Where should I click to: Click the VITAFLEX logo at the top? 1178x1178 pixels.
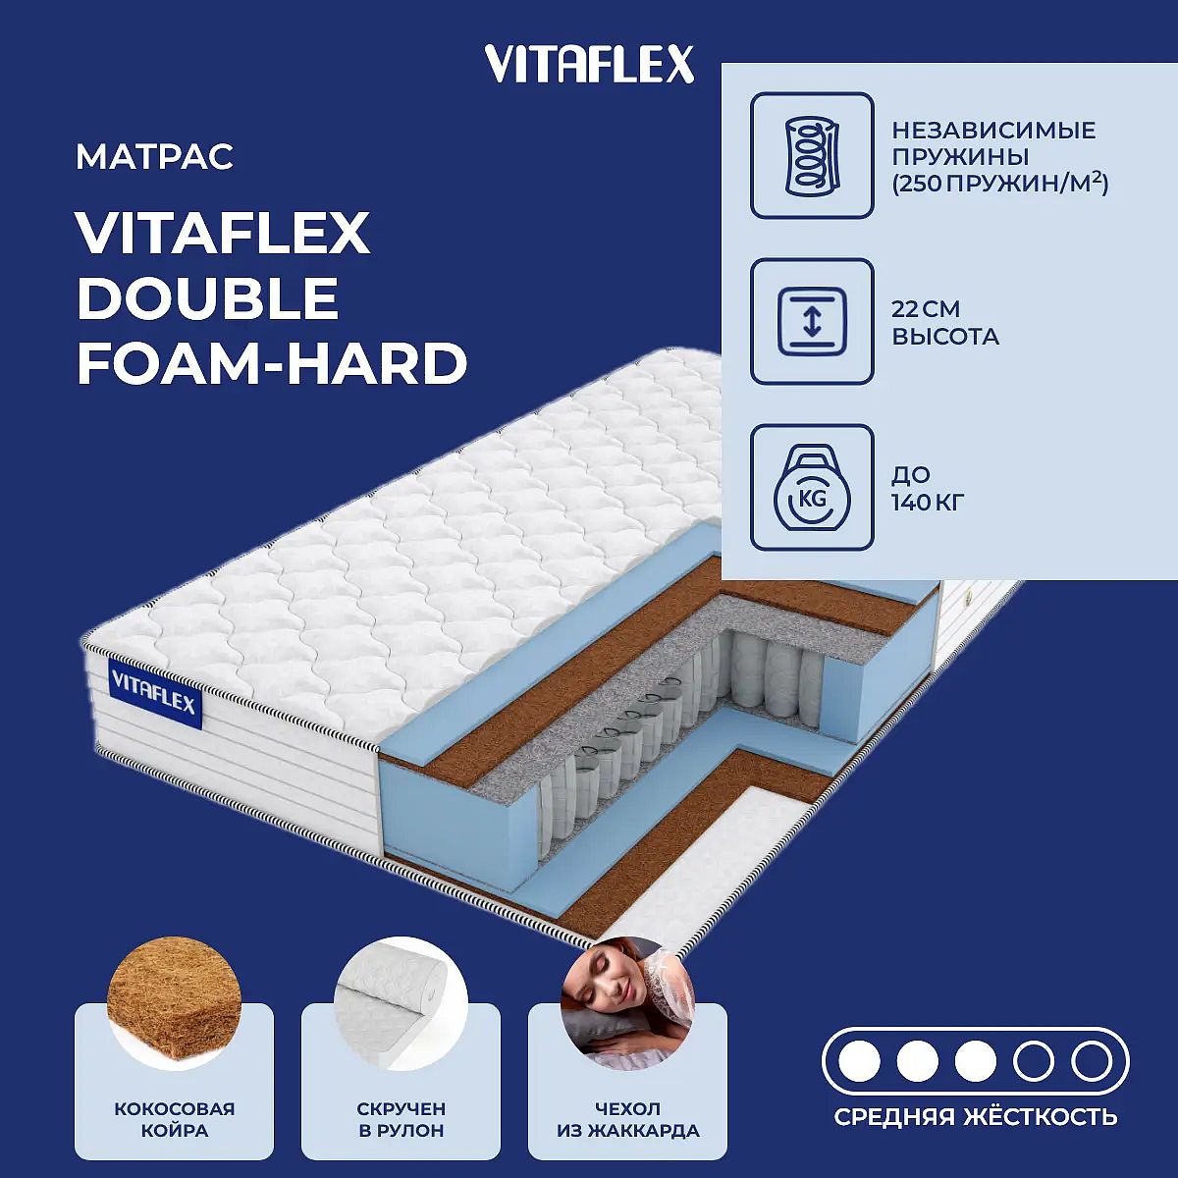(589, 65)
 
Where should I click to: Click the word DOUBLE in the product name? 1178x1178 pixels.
(208, 297)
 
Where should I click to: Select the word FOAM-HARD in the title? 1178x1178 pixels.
(272, 364)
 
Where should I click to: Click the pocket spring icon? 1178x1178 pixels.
(812, 155)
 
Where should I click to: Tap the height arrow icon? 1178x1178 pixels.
(812, 322)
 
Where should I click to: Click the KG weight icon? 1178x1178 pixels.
(812, 488)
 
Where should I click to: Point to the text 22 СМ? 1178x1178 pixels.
(926, 309)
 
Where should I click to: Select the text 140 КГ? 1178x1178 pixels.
(928, 504)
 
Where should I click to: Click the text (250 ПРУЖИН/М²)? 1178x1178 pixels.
(999, 184)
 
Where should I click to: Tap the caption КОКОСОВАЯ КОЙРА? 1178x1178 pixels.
(174, 1119)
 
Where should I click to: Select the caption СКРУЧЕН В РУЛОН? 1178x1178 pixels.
(402, 1119)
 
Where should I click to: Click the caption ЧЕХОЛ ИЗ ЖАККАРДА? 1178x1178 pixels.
(628, 1119)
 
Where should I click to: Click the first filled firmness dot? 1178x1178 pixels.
(859, 1062)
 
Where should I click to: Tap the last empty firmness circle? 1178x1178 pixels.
(1092, 1062)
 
